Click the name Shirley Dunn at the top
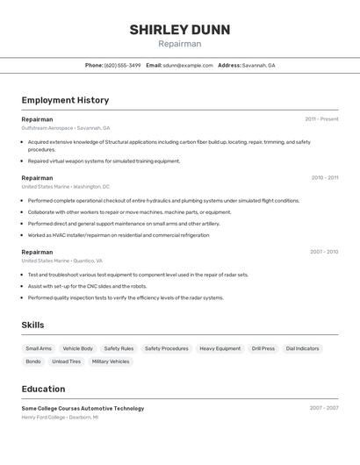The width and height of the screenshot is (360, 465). [x=180, y=30]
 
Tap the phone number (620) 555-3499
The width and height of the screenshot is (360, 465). [x=123, y=65]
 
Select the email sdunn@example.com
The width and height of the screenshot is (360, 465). [x=188, y=65]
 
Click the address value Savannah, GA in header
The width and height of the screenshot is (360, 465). [x=259, y=65]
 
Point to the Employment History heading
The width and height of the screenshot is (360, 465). [x=65, y=100]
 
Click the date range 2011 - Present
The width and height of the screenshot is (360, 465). [x=321, y=119]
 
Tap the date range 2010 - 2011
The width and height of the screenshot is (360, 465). [x=324, y=177]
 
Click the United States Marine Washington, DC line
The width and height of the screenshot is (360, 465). [x=66, y=187]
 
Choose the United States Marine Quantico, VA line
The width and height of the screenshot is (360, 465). [x=62, y=261]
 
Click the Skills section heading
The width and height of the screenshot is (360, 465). [x=32, y=325]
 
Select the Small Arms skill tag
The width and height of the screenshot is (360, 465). [x=39, y=348]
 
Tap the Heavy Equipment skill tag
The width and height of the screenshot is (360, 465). [x=220, y=348]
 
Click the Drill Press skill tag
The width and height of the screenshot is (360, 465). [x=263, y=348]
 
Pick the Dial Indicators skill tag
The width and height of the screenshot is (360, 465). [x=302, y=348]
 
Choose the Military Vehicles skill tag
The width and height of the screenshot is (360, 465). [x=111, y=361]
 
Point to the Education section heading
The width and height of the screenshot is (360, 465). [x=43, y=390]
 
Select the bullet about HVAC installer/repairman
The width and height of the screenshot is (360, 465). [x=119, y=235]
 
